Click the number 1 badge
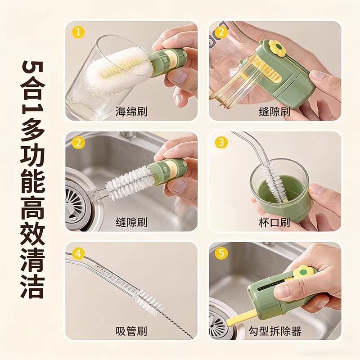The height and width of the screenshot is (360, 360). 79,32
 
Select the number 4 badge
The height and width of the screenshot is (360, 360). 79,254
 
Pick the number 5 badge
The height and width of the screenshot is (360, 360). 221,254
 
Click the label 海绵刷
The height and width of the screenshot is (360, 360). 131,111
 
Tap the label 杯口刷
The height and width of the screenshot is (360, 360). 274,222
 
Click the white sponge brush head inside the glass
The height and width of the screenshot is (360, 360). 115,72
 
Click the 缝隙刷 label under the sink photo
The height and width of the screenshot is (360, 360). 131,222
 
